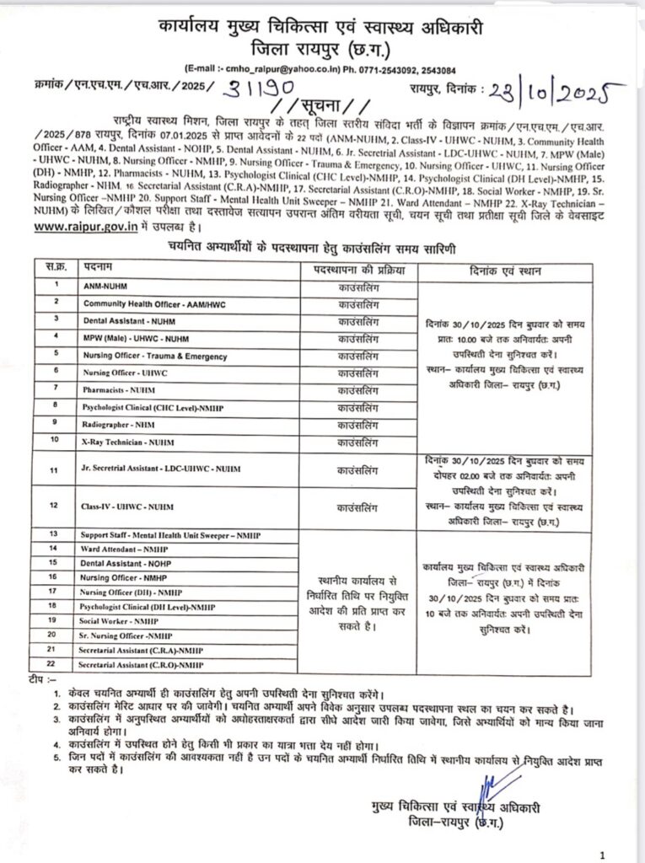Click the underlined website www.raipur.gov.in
point(81,227)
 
